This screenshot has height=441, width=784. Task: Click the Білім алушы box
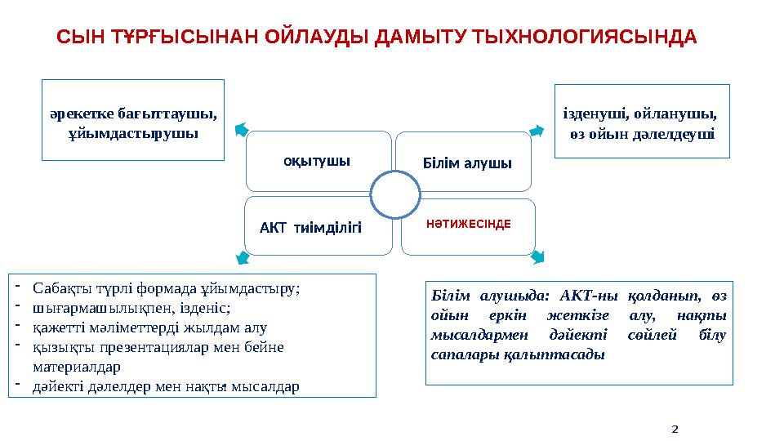(x=466, y=163)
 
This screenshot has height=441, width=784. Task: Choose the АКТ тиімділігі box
(x=310, y=225)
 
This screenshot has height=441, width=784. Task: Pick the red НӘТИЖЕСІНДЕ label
(x=469, y=223)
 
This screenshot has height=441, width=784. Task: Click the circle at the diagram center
(x=395, y=195)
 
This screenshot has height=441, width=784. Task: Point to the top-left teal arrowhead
(x=239, y=129)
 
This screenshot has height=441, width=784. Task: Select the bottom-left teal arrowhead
(x=242, y=259)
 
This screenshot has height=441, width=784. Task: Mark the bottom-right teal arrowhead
(x=537, y=258)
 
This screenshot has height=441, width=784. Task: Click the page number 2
(x=675, y=427)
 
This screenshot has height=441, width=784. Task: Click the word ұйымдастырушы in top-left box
(x=132, y=131)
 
